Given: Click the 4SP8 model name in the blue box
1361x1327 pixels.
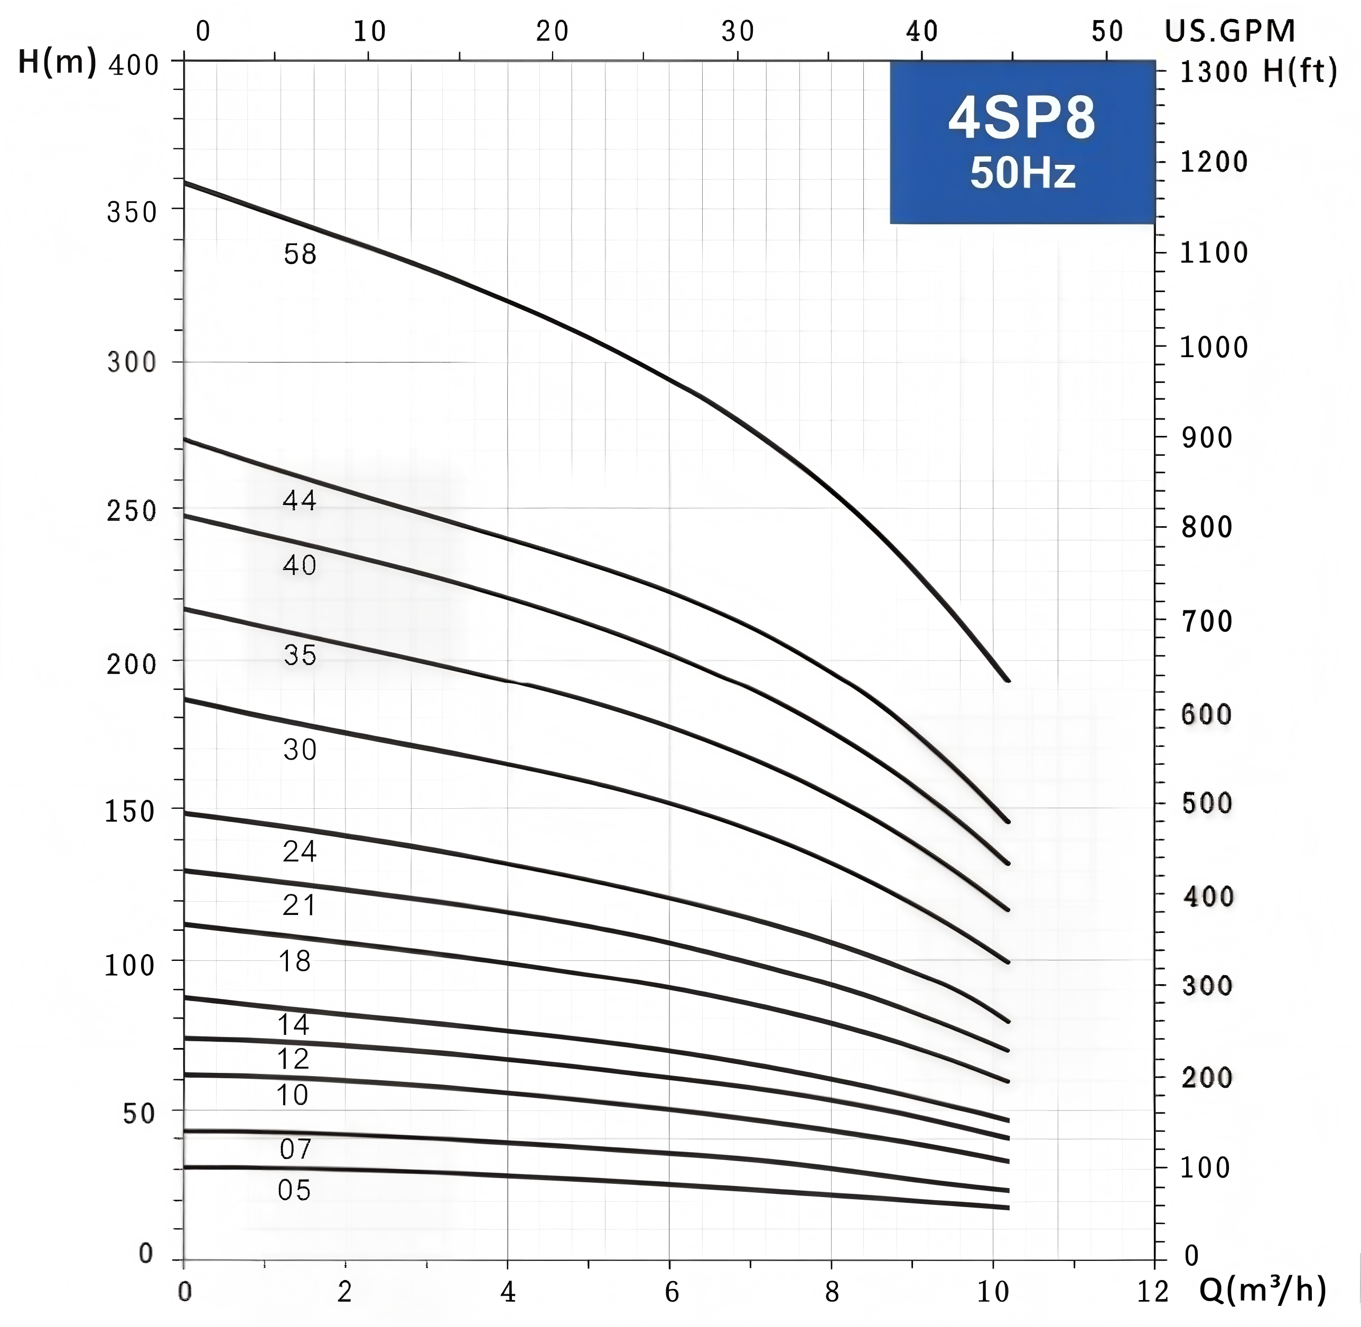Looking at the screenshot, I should pyautogui.click(x=1022, y=118).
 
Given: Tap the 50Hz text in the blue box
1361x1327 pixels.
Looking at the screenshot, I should pyautogui.click(x=1022, y=173).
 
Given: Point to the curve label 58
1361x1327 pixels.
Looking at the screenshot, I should pyautogui.click(x=300, y=255).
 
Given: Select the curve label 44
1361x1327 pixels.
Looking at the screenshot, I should pyautogui.click(x=300, y=500).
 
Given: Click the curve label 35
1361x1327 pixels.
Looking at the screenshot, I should pyautogui.click(x=300, y=655).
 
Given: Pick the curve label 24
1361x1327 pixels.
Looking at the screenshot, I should pyautogui.click(x=300, y=852).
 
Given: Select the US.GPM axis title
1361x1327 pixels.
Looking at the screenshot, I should pyautogui.click(x=1230, y=31).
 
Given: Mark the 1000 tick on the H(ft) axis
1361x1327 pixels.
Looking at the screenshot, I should pyautogui.click(x=1213, y=347).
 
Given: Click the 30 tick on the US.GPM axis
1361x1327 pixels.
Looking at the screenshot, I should pyautogui.click(x=737, y=31).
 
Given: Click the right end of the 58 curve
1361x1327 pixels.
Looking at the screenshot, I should pyautogui.click(x=1008, y=680).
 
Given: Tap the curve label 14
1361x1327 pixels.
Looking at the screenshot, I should pyautogui.click(x=293, y=1024).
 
